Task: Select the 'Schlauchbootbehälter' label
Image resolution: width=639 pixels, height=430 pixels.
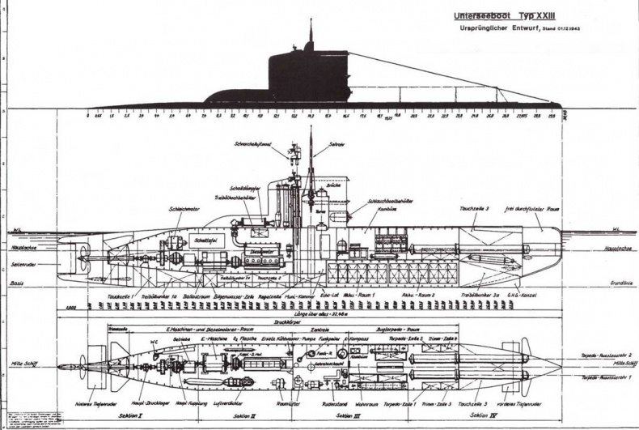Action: (388, 200)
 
